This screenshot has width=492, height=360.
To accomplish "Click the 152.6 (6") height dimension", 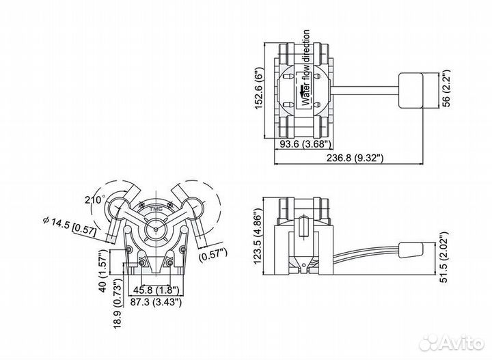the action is (x=259, y=88).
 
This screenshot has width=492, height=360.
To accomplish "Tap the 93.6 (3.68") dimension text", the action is (x=305, y=144).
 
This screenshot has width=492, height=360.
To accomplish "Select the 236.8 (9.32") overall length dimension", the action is (x=355, y=157).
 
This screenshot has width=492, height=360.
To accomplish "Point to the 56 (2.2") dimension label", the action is (x=446, y=88).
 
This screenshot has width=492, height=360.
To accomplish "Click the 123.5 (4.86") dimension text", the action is (x=258, y=236).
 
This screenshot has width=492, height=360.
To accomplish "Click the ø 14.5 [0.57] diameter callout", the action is (x=69, y=225).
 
